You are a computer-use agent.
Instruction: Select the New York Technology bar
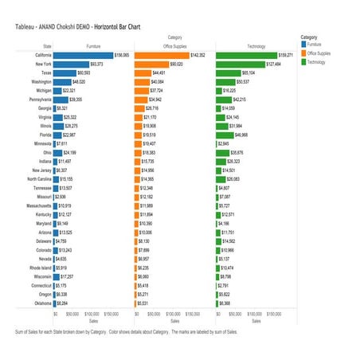[x=239, y=63]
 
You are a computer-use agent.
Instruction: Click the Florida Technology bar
[x=229, y=135]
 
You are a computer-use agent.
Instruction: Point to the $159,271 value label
[x=284, y=55]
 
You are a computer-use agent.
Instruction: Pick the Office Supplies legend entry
[x=319, y=53]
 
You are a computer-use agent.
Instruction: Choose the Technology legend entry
[x=318, y=61]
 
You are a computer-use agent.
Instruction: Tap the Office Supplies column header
[x=170, y=46]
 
